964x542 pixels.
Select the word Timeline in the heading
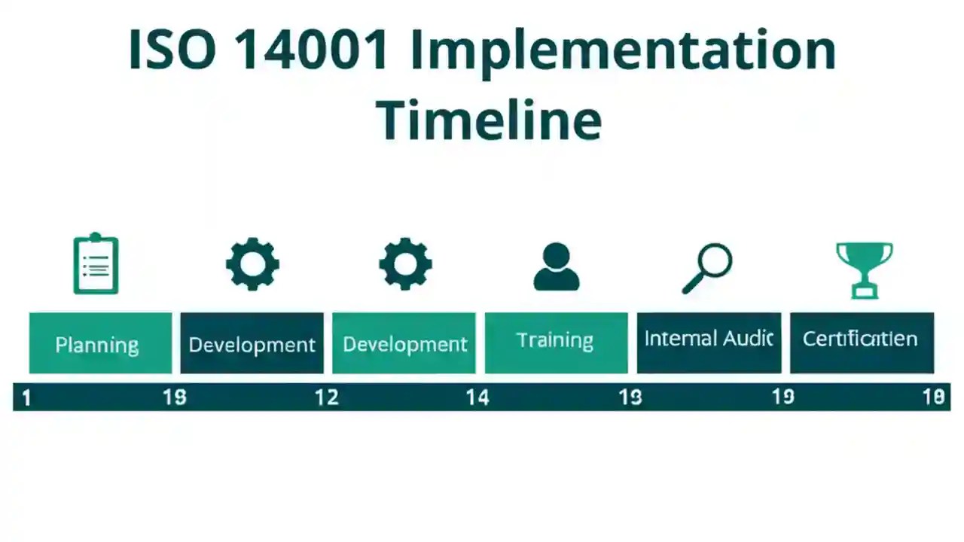click(489, 120)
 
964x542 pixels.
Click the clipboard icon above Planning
click(96, 263)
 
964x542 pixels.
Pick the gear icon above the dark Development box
click(252, 264)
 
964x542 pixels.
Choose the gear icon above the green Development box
click(405, 264)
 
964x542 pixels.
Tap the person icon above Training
click(556, 266)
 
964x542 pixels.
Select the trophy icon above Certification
click(864, 269)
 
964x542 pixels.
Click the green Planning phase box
click(100, 343)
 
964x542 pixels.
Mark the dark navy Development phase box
click(252, 343)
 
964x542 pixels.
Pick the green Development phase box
click(404, 343)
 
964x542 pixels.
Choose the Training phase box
click(556, 343)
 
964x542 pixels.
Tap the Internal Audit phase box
click(709, 343)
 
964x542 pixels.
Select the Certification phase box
click(862, 343)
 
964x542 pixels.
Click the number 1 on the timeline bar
click(26, 397)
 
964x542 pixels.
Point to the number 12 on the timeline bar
click(326, 397)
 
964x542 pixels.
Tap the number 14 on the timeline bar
click(477, 397)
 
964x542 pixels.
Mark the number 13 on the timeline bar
click(630, 397)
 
